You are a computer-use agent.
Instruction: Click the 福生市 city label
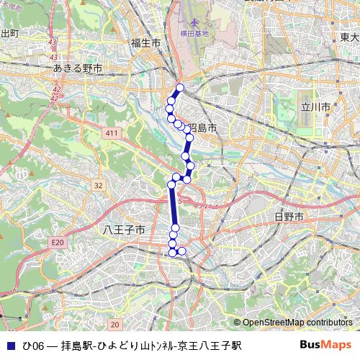coord(145,43)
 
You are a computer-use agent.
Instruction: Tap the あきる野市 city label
coord(78,68)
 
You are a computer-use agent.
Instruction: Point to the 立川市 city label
coord(315,107)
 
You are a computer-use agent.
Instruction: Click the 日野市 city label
coord(289,216)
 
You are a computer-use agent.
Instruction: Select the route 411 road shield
coord(110,134)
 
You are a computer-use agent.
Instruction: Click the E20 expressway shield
coord(57,243)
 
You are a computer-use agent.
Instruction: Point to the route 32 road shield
coord(98,186)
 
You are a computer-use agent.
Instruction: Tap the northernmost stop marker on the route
coord(180,88)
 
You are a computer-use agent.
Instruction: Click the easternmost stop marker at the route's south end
coord(181,251)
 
